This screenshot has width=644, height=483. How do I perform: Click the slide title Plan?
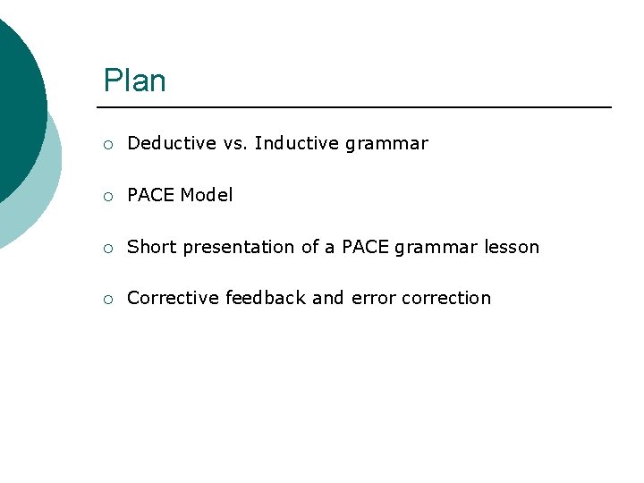(x=134, y=81)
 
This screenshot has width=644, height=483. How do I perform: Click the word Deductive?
(x=172, y=143)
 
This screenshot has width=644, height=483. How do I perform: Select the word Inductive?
(x=292, y=143)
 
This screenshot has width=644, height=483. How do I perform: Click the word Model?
(x=207, y=195)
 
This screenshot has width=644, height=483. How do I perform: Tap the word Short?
(x=151, y=247)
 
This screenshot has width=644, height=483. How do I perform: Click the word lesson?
(x=512, y=247)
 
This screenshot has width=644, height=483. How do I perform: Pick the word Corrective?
(x=173, y=298)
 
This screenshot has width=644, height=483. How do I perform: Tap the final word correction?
(x=446, y=298)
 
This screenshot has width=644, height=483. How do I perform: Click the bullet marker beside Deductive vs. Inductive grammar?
(x=107, y=144)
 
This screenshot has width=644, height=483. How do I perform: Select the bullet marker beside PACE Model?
(x=107, y=196)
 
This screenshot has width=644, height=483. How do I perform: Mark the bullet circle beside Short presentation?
(x=107, y=248)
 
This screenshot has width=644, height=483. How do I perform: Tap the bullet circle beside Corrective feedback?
(x=107, y=299)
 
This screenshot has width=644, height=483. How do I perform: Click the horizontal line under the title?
(x=358, y=107)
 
